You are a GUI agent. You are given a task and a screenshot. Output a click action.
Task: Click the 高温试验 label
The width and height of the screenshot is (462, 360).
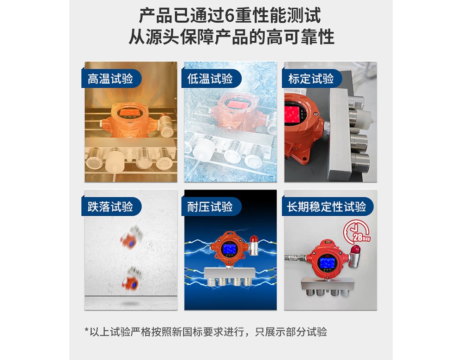[x=110, y=79]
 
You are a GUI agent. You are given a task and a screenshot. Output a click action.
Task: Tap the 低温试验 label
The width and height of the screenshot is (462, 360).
[x=210, y=79]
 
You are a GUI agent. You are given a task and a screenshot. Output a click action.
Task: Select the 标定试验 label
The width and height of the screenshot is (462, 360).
[x=311, y=79]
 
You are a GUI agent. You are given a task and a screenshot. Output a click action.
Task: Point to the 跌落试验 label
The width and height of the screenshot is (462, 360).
[x=110, y=207]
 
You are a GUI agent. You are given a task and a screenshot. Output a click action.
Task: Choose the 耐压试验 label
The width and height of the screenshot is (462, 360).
[x=210, y=207]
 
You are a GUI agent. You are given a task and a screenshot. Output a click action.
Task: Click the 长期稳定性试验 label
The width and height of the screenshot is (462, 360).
[x=327, y=207]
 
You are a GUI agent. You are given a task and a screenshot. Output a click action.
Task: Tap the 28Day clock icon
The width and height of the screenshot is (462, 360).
[x=357, y=232]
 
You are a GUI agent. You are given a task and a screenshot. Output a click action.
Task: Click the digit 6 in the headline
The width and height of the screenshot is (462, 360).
[x=230, y=16]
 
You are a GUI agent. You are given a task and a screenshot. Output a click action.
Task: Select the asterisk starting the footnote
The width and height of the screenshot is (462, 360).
[x=87, y=330]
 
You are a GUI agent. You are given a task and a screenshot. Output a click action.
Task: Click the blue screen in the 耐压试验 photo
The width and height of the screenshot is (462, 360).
[x=229, y=250]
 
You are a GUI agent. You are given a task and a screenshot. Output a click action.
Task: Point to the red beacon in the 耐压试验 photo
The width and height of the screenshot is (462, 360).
[x=254, y=238]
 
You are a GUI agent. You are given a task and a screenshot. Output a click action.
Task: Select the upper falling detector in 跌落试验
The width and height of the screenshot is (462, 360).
[x=131, y=238]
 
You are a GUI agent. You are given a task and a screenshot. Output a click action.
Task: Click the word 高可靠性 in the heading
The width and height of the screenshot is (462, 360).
[x=300, y=37]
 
